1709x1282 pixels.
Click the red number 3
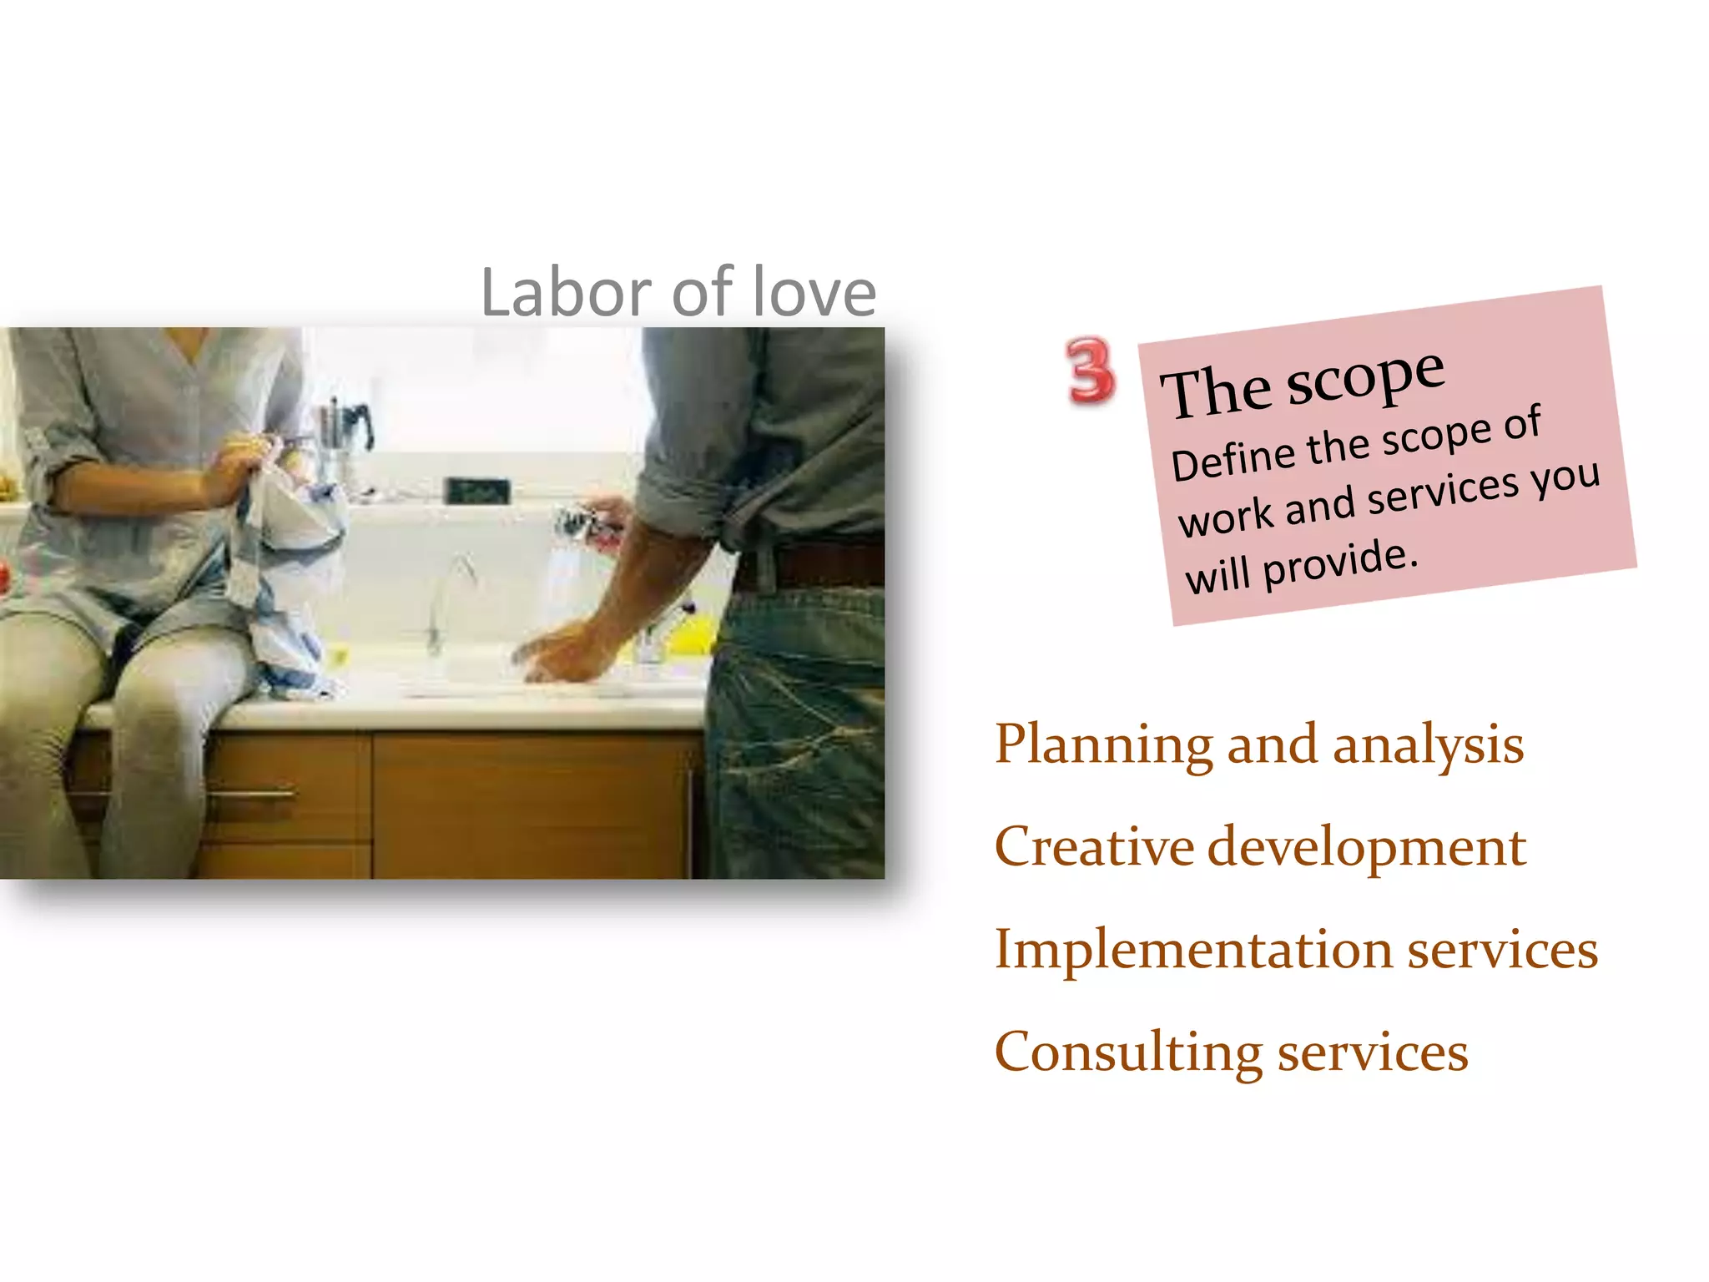1089,371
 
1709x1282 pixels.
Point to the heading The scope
1302,384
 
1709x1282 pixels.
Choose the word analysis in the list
1428,745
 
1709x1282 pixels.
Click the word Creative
1094,846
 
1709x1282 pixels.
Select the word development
1367,848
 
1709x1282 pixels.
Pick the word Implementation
1193,951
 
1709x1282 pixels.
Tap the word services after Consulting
1373,1052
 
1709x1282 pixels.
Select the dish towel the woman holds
284,543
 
